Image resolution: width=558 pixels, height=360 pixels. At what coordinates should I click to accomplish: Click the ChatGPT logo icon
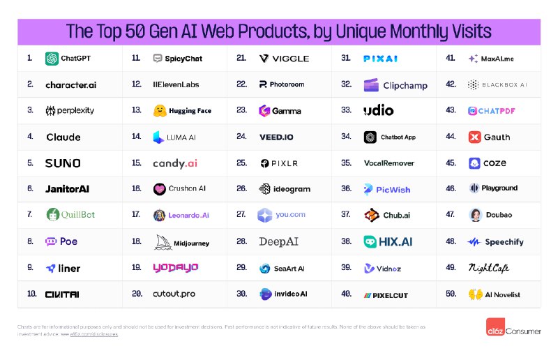click(52, 59)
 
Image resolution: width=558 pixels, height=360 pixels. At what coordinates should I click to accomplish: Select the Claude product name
click(63, 137)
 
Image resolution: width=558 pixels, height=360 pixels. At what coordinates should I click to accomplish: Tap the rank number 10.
click(31, 294)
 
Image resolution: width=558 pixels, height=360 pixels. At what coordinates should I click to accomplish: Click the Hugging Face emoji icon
click(159, 111)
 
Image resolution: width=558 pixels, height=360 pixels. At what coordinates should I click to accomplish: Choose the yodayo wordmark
click(176, 268)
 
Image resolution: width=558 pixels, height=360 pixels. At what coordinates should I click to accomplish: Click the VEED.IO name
click(276, 137)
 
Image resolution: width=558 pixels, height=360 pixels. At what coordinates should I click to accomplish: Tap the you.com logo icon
click(264, 216)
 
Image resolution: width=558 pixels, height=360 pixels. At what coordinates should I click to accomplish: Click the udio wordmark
click(379, 111)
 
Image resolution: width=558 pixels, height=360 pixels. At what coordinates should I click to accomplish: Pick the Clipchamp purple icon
click(371, 85)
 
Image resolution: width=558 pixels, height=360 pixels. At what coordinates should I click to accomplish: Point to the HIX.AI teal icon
click(370, 242)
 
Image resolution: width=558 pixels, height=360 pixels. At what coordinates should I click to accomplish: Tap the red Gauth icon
click(474, 137)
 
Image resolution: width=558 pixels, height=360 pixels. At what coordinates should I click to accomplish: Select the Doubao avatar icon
click(475, 216)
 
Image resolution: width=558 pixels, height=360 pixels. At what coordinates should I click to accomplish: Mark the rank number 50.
click(451, 294)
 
